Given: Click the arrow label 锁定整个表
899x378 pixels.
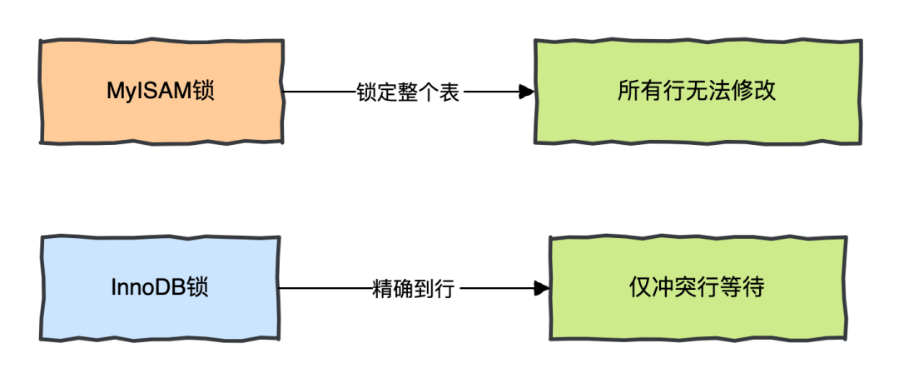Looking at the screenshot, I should (x=407, y=92).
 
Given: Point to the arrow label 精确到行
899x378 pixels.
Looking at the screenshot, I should (x=414, y=289).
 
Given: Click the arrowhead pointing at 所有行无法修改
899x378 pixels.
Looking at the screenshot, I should (x=525, y=92).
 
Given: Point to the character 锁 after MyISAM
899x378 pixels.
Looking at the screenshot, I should (x=202, y=91).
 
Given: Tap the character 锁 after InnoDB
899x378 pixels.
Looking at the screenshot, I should (x=198, y=288).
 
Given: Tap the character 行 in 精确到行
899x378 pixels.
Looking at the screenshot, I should (x=445, y=289).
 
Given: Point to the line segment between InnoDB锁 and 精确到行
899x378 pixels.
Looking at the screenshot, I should (x=325, y=289).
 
